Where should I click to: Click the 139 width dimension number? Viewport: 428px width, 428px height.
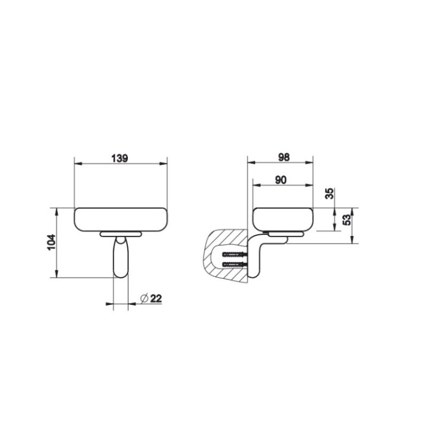point(120,158)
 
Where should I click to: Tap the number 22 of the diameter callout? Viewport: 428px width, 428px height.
point(156,299)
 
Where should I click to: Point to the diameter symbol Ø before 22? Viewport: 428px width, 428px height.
point(144,299)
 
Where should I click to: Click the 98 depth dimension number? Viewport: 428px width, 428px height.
point(284,158)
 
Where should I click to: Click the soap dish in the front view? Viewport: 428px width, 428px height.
point(120,219)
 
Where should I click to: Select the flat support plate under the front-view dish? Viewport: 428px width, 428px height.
point(121,234)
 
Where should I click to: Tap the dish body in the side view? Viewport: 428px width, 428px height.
point(283,219)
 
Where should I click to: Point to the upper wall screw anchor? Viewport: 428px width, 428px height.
point(234,253)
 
